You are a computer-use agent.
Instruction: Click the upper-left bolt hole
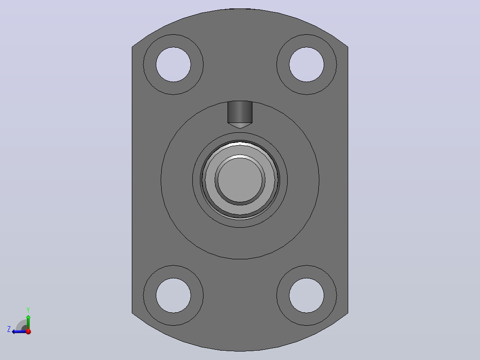(x=173, y=65)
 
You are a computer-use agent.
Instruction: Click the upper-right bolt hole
(x=306, y=65)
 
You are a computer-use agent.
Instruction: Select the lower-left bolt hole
(x=173, y=295)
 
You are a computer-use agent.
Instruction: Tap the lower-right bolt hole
(x=306, y=295)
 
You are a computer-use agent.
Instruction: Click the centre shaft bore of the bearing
(x=240, y=180)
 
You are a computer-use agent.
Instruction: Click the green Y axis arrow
(x=28, y=322)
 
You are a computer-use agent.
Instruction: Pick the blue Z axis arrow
(x=19, y=331)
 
